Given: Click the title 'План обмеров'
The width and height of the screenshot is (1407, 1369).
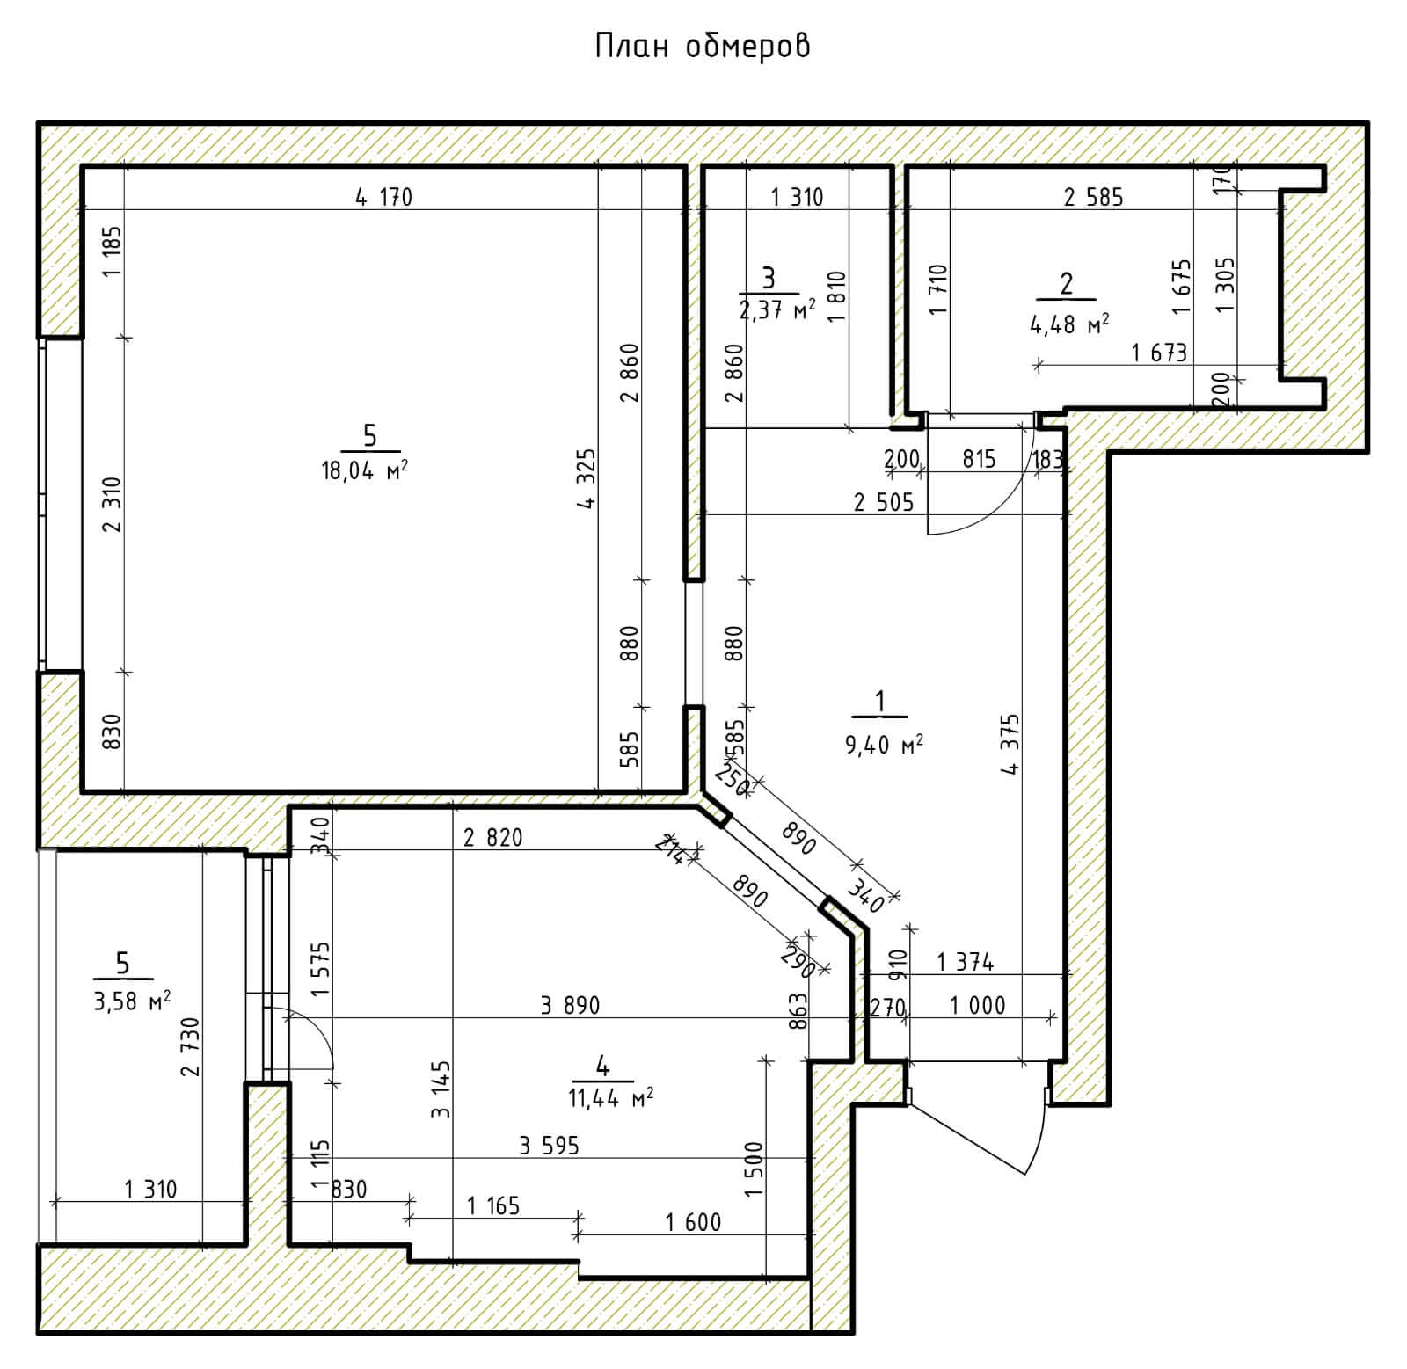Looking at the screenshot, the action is click(x=702, y=46).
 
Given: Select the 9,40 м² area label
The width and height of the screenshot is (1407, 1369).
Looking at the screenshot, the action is click(x=884, y=746).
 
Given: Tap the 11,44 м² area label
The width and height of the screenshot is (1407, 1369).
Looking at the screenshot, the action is click(x=610, y=1097).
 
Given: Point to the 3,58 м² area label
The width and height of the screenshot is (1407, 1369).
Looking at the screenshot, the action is click(x=132, y=1001).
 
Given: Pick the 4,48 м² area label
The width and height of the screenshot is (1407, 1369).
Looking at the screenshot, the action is click(x=1069, y=323).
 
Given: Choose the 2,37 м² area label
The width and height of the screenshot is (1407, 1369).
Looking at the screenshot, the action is click(x=776, y=309).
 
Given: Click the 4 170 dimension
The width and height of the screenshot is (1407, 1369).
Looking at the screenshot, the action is click(x=383, y=197).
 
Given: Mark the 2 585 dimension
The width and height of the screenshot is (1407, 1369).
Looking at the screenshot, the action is click(x=1093, y=197).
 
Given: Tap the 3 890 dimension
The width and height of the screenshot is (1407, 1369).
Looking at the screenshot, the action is click(x=570, y=1005).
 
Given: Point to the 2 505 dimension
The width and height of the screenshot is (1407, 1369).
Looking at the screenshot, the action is click(x=884, y=502).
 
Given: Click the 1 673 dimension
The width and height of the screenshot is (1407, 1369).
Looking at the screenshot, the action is click(x=1159, y=353).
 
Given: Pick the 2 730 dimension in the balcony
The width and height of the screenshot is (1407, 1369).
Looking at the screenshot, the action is click(x=191, y=1046).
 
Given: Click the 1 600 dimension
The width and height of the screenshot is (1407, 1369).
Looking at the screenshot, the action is click(x=693, y=1221).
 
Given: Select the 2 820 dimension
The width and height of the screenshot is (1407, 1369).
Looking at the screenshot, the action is click(x=492, y=837).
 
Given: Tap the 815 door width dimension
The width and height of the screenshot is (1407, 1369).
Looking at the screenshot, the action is click(x=979, y=458).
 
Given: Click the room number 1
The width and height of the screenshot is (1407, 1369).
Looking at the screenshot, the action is click(x=879, y=702).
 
